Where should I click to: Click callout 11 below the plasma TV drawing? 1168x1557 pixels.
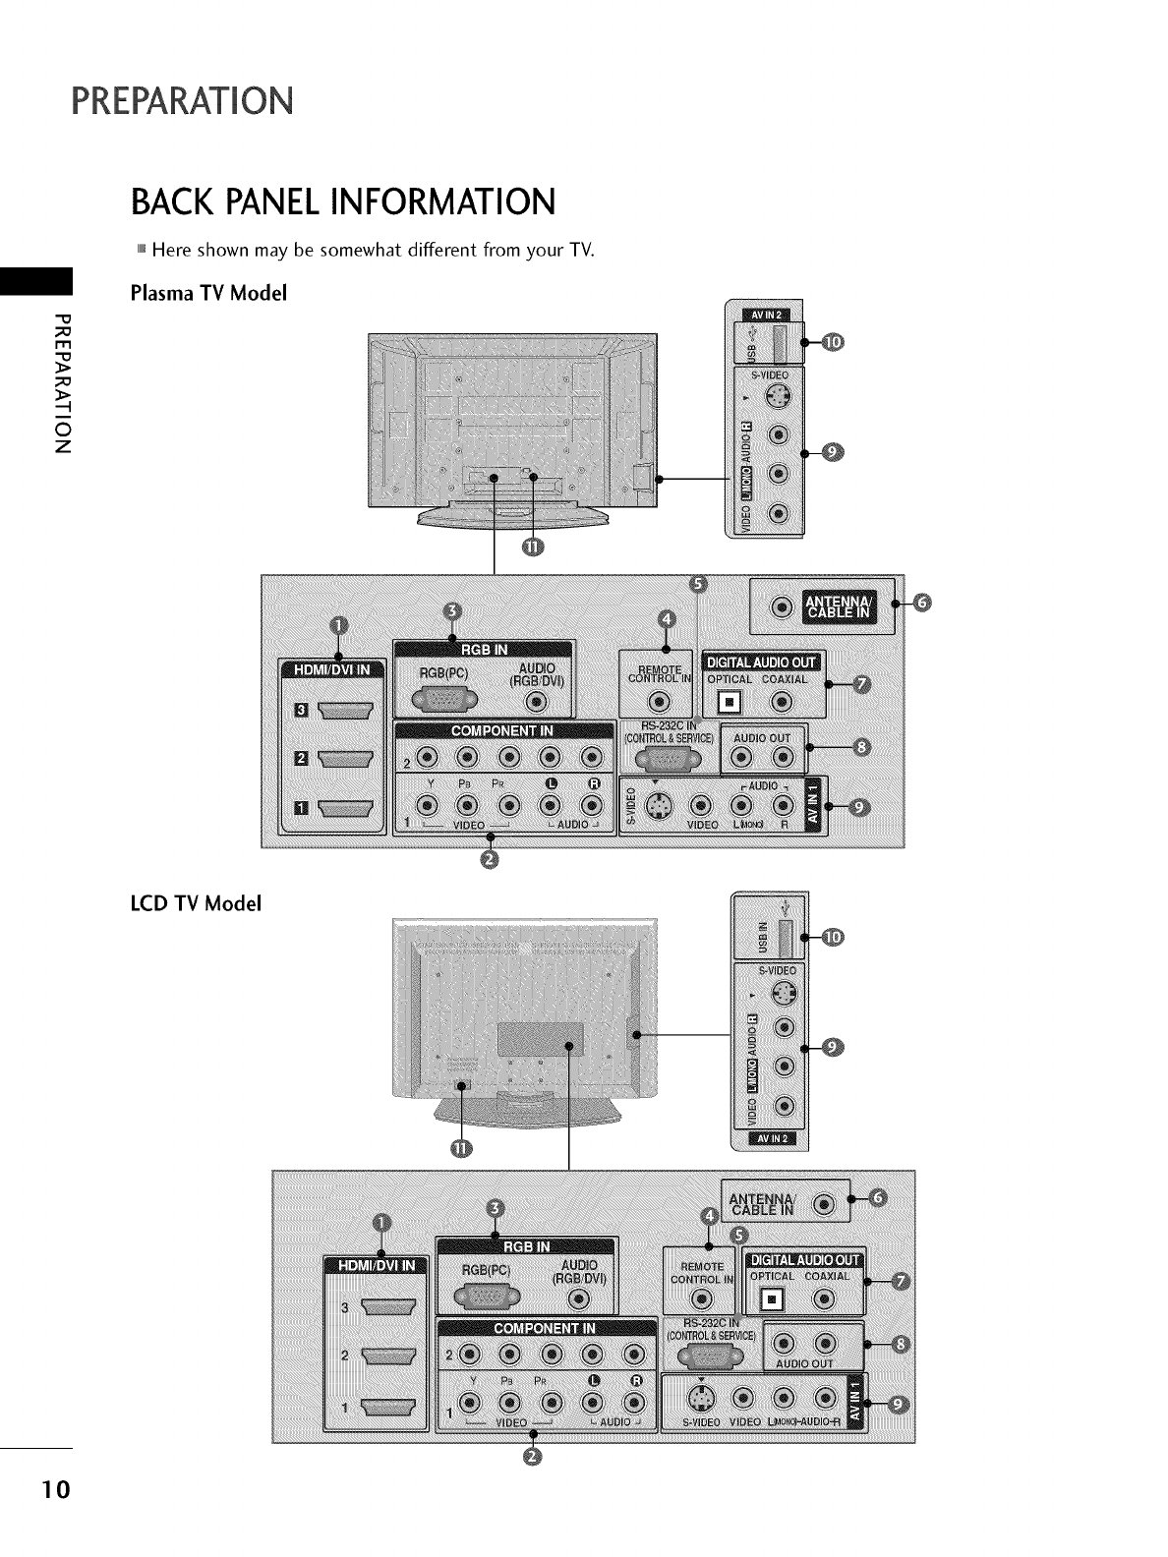click(531, 548)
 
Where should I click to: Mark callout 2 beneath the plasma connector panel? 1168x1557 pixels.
click(492, 861)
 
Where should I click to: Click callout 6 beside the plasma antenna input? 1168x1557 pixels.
click(920, 603)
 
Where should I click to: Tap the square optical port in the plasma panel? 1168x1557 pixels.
click(729, 702)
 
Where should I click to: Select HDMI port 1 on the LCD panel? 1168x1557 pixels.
click(390, 1408)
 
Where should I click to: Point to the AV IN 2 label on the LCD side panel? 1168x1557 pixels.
click(770, 1139)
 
